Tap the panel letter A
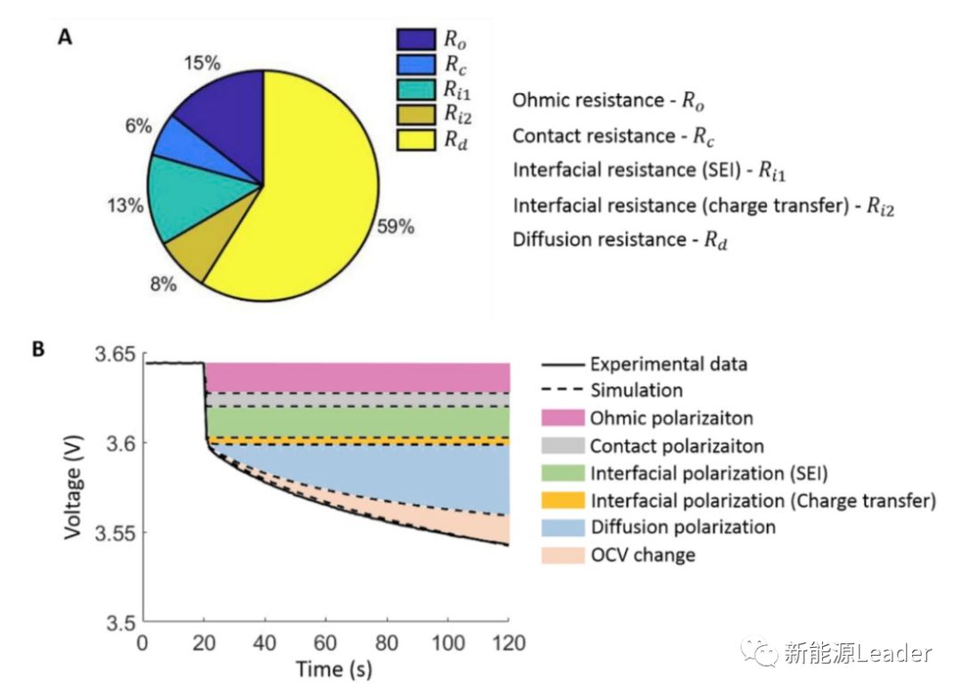pos(65,37)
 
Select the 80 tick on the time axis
pos(386,642)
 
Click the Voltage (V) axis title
pos(73,488)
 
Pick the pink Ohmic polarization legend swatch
pos(563,418)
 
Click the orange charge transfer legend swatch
pos(563,500)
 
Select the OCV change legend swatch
pos(563,555)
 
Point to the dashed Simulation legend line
pos(563,391)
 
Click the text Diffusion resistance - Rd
pos(620,240)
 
